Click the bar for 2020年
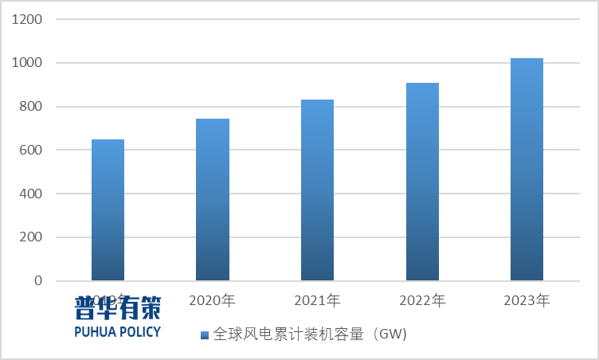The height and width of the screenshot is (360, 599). coord(213,199)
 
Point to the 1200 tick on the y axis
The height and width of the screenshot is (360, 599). coord(26,19)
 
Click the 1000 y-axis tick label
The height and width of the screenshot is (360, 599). coord(26,63)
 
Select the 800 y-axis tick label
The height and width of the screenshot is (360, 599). coord(29,107)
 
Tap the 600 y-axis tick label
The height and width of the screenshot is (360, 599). coord(29,151)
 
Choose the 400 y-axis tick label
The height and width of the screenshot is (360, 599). coord(29,194)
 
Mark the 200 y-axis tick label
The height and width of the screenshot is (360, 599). coord(29,237)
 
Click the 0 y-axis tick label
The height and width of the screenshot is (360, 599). coord(37,281)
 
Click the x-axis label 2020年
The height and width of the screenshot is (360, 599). coord(212,301)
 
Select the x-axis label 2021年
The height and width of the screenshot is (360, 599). coord(317,301)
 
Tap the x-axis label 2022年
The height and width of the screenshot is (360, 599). coord(422,301)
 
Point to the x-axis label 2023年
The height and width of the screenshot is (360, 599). coord(527,301)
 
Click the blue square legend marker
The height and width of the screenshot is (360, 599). coord(204,335)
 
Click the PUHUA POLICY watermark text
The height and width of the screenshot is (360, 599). coord(117,331)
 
